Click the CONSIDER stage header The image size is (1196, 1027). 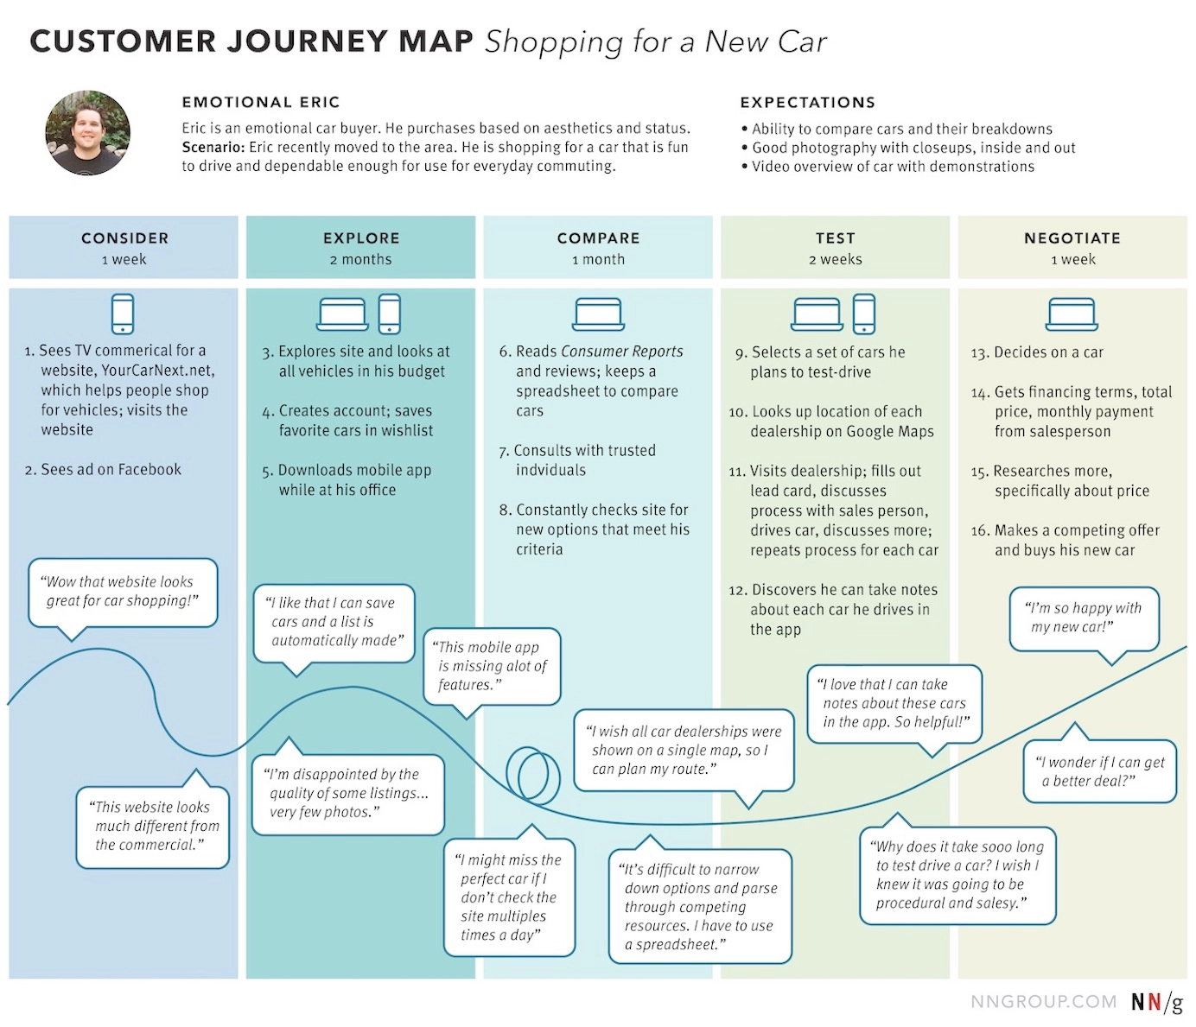(124, 238)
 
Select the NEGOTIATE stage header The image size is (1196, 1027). (1072, 238)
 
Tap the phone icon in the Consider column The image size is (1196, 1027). (123, 314)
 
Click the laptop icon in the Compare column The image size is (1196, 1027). (598, 314)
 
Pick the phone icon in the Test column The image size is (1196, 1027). (863, 314)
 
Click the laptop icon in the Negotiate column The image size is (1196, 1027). (1072, 314)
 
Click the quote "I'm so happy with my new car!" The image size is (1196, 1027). (1085, 618)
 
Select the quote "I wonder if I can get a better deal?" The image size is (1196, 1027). (1099, 771)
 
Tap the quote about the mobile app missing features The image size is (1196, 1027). (492, 666)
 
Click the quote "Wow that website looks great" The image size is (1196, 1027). (123, 592)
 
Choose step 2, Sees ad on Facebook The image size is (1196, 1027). (104, 469)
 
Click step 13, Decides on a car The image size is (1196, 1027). (1037, 352)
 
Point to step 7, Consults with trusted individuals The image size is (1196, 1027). (577, 460)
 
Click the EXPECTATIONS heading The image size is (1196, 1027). (807, 102)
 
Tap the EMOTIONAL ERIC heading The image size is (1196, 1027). (260, 102)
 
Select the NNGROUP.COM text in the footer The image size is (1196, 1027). (1043, 1002)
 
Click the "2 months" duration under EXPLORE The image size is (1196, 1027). (360, 259)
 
